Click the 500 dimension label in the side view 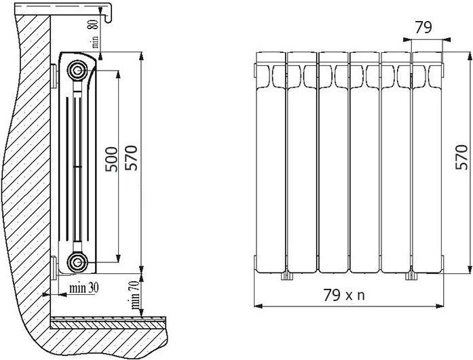111,159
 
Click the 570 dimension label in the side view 131,158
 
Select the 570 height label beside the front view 461,157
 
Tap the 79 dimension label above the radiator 423,27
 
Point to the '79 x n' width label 344,295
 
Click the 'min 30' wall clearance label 84,288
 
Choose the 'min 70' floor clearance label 136,295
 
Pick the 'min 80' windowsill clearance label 94,33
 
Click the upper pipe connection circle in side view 77,71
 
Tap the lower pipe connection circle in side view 77,262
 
